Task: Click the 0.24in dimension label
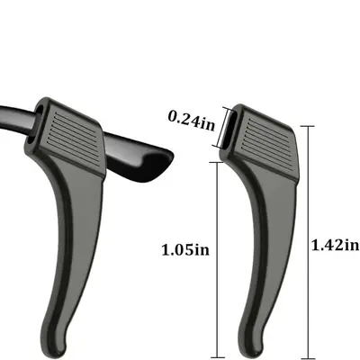(192, 121)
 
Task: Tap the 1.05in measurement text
(185, 250)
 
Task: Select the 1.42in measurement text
(336, 245)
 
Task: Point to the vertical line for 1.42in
(308, 241)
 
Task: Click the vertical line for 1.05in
(217, 258)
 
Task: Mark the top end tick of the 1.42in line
(308, 126)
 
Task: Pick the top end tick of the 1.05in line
(217, 162)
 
